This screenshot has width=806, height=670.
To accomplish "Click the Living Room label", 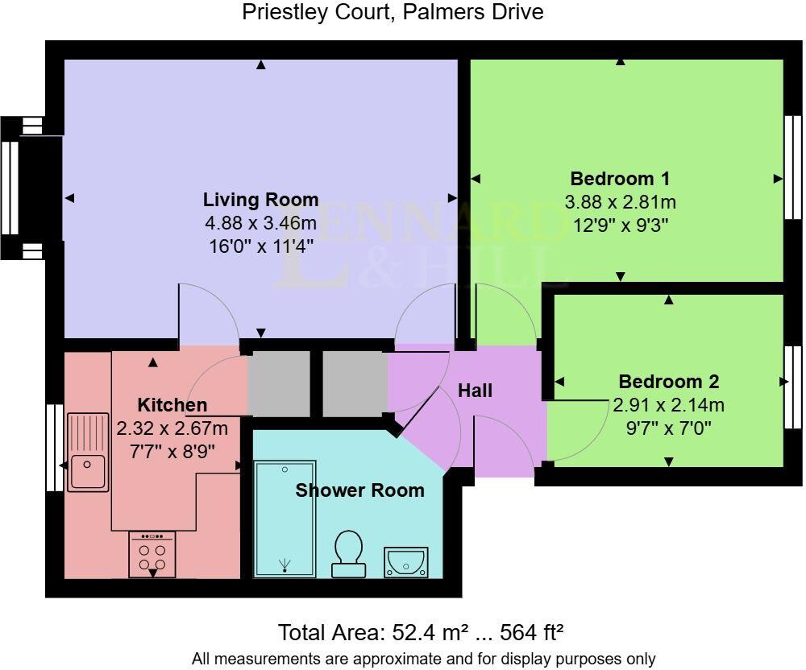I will coord(260,200).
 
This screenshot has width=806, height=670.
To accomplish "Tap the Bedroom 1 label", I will coord(620,179).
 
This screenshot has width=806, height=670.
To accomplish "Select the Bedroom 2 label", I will coord(668,382).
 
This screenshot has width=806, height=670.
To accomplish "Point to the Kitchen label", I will coord(172,405).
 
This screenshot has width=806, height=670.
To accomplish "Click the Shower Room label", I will coord(359,490).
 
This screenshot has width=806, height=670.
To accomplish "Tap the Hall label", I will coord(475,391).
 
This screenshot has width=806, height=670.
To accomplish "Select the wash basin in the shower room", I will coord(407,562).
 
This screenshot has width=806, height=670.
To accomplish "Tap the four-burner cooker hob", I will coord(152,555).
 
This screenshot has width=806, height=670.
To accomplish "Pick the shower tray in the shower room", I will coord(285,519).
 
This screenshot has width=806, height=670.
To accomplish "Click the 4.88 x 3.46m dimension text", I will coord(260,223).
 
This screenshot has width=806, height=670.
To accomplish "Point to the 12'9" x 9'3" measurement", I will coord(620,225).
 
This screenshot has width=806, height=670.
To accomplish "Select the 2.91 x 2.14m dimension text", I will coord(668,404).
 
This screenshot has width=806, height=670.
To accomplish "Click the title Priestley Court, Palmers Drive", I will coord(393,12).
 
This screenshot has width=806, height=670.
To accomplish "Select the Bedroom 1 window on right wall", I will coord(794,167).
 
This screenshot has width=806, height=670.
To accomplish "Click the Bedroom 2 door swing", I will coord(579,431).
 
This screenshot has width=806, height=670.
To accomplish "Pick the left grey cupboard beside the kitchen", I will coord(278,384).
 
